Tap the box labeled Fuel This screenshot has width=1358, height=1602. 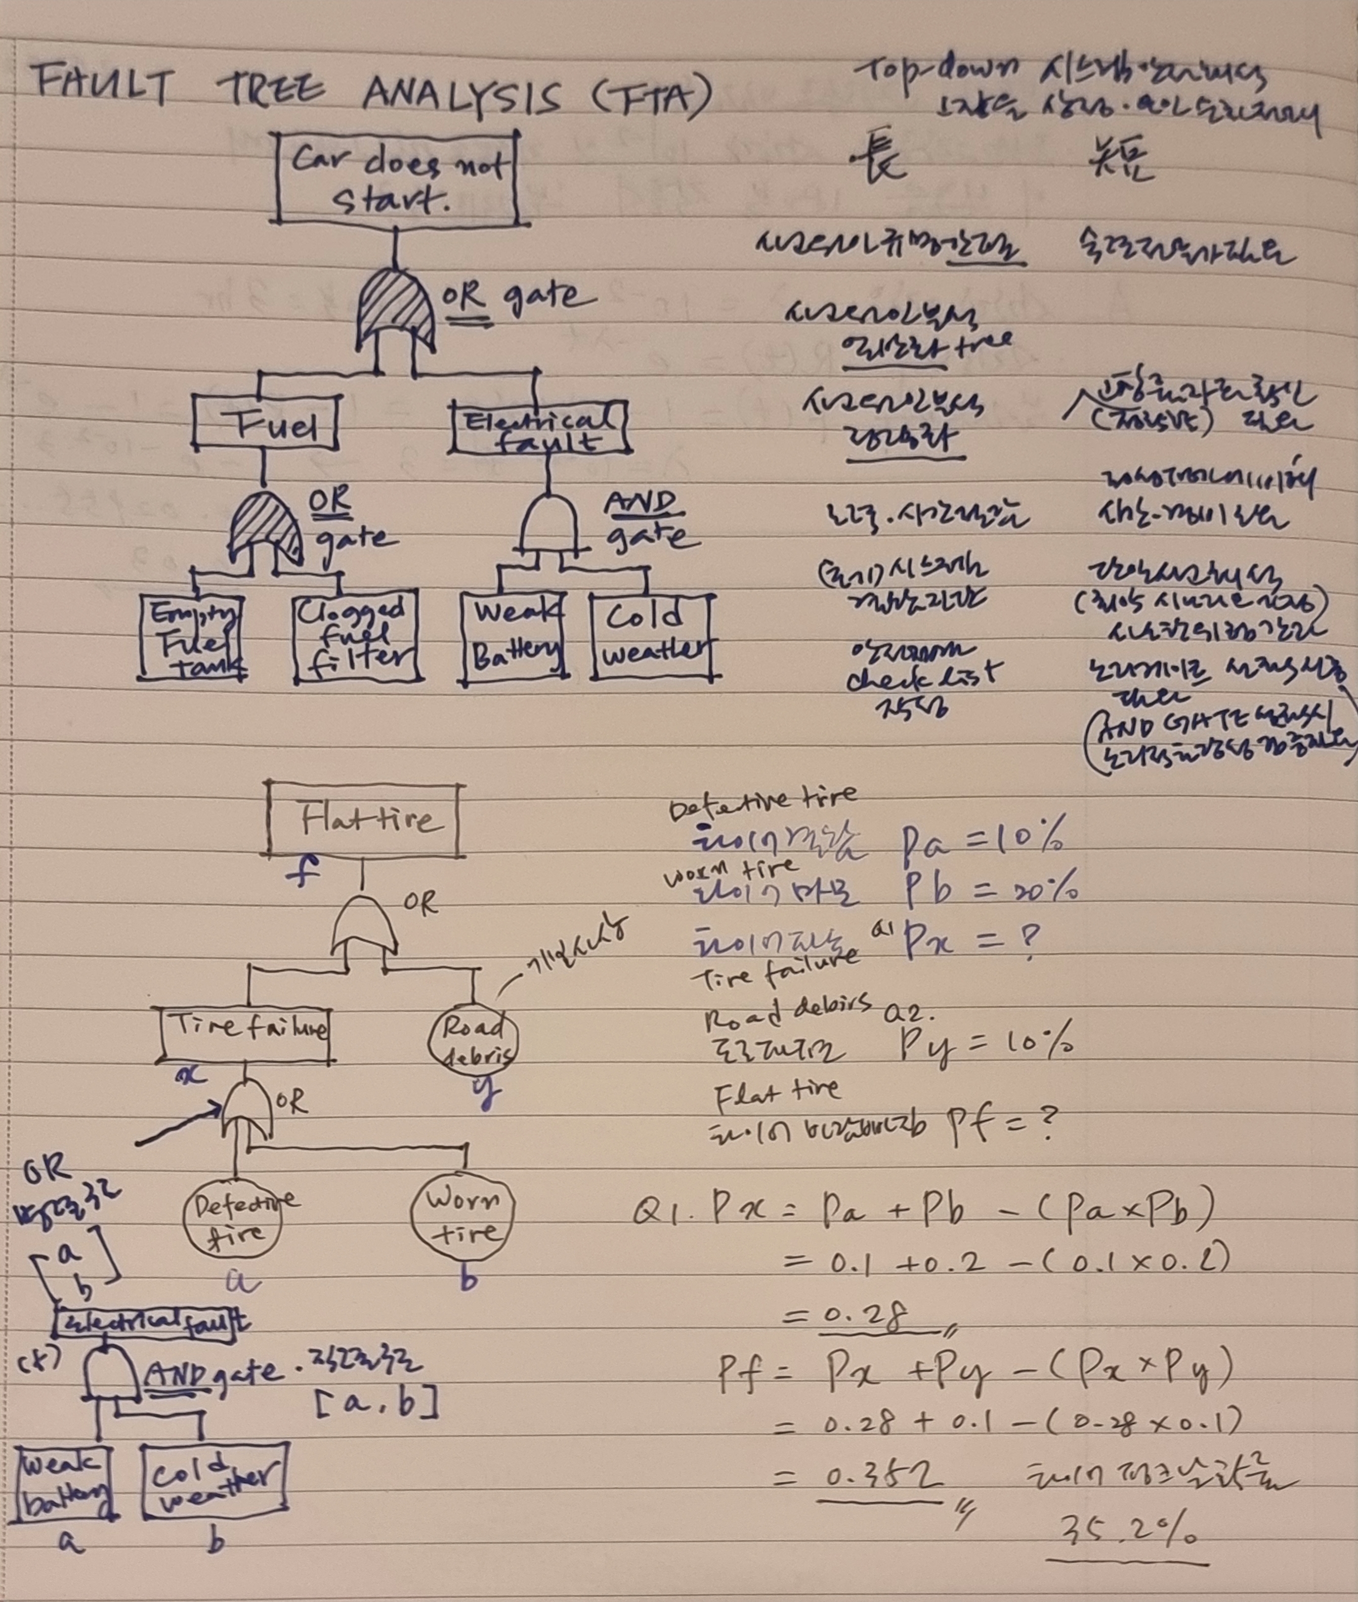(x=266, y=423)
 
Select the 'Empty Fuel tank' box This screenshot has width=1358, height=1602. (x=192, y=637)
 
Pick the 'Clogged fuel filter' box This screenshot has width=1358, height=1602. (x=358, y=637)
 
